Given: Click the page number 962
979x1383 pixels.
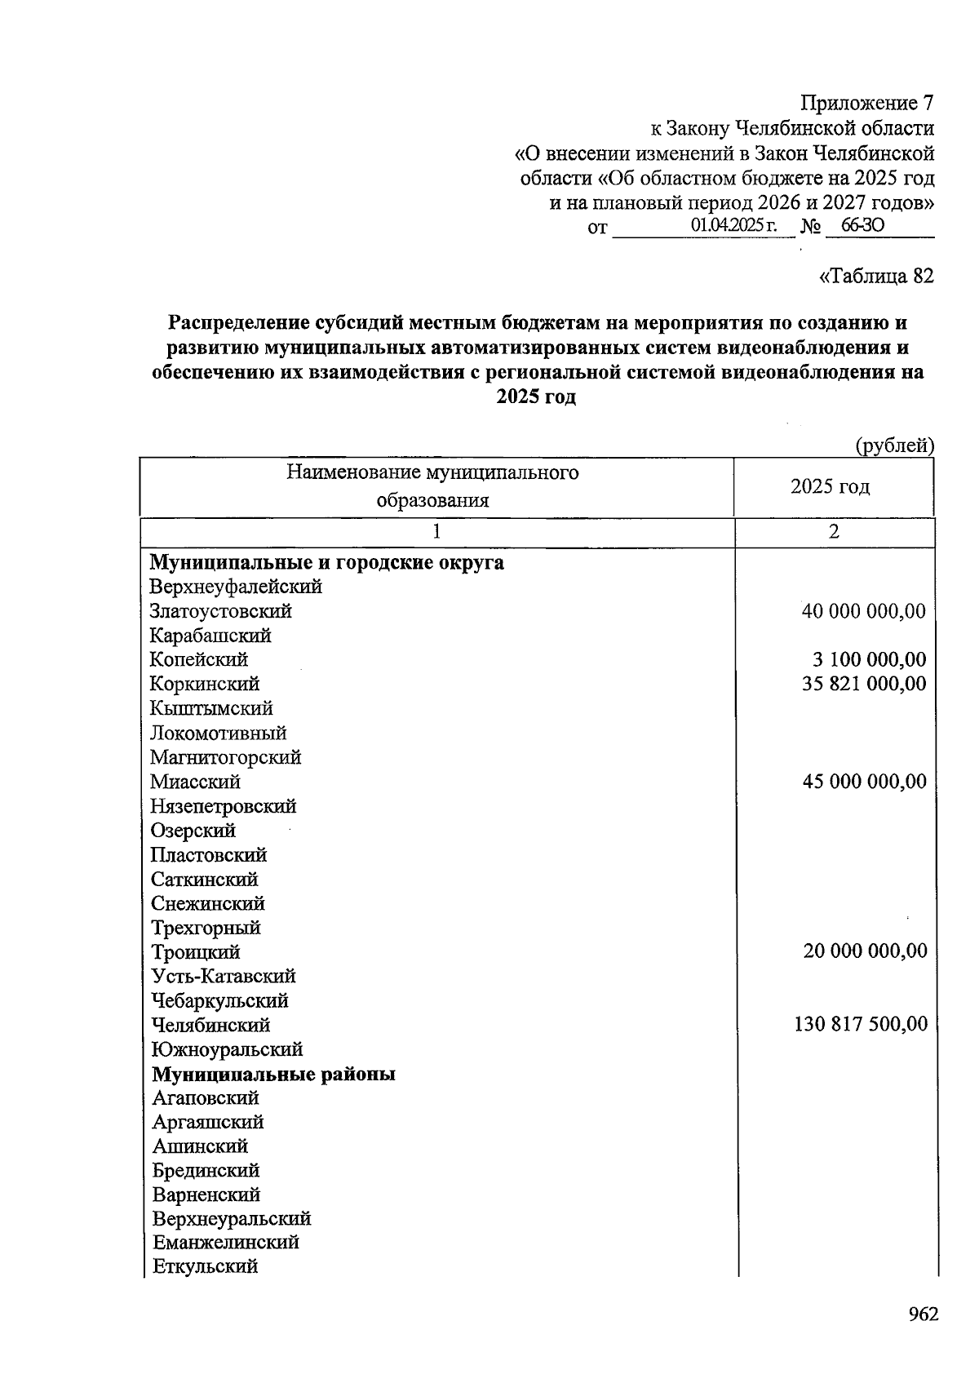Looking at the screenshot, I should [923, 1314].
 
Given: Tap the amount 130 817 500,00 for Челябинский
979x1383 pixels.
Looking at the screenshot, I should [861, 1024].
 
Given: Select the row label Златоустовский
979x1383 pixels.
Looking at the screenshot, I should [220, 611].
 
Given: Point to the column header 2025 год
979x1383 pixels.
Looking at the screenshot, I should [830, 487].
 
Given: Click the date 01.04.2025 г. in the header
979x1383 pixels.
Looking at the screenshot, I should [733, 225].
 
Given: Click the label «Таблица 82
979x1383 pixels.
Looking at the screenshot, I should [875, 276].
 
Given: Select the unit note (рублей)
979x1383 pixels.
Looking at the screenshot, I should [894, 445].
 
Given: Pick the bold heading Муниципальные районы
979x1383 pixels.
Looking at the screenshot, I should [273, 1074].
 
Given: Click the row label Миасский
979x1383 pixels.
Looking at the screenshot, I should [196, 782].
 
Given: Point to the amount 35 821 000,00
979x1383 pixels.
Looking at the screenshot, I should [864, 684].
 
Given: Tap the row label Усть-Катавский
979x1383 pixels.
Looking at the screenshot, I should [224, 976].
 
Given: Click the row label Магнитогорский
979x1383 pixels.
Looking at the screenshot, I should [226, 757].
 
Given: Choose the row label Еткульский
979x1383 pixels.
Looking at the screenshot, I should [206, 1266].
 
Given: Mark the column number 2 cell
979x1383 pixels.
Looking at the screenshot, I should [833, 532].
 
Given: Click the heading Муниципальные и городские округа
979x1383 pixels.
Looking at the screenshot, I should [326, 562].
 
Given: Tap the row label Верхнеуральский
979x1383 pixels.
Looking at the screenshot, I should [232, 1218].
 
